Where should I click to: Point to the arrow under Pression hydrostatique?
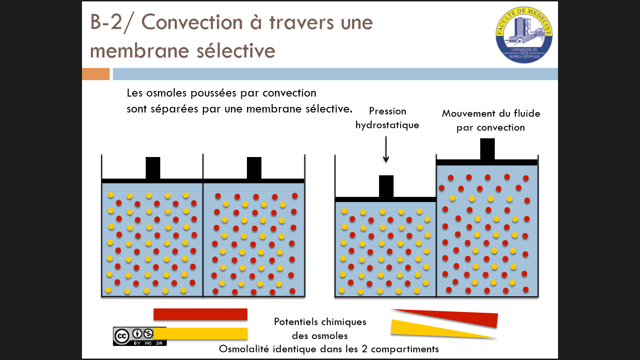click(x=386, y=149)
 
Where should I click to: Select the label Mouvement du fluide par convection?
click(x=491, y=120)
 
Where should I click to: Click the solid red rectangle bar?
click(x=200, y=314)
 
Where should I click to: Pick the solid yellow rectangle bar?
click(x=200, y=333)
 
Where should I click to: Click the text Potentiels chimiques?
click(x=320, y=322)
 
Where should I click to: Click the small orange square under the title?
click(x=96, y=74)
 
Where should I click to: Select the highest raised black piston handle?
click(x=487, y=149)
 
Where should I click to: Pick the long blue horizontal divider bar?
click(x=335, y=74)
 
